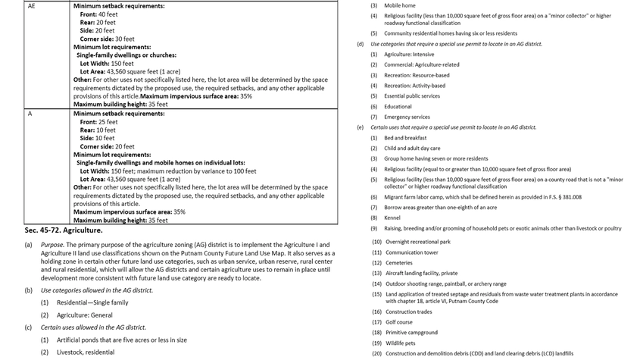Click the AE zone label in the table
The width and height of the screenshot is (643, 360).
tap(31, 5)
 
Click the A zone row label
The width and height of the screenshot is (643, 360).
tap(30, 114)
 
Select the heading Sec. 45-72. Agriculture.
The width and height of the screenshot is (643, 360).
tap(64, 230)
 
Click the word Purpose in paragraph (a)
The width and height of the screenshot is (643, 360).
tap(52, 245)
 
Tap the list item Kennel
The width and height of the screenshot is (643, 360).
tap(393, 218)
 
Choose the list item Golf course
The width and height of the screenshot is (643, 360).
tap(398, 322)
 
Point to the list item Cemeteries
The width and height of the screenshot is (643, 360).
tap(398, 262)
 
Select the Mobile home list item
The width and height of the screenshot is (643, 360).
tap(399, 5)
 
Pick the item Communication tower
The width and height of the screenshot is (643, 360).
tap(411, 252)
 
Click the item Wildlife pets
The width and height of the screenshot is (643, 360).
tap(400, 343)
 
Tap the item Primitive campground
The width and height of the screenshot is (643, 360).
tap(410, 332)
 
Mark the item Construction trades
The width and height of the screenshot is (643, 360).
tap(409, 311)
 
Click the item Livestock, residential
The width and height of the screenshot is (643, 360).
tap(86, 352)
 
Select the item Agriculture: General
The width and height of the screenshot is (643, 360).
tap(85, 315)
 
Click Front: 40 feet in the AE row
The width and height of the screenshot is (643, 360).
tap(98, 14)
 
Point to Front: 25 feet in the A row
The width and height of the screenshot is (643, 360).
tap(98, 122)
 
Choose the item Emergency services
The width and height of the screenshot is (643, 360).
tap(407, 117)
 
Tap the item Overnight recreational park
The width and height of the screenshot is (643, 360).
tap(417, 241)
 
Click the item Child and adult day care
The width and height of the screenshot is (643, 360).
tap(412, 149)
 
